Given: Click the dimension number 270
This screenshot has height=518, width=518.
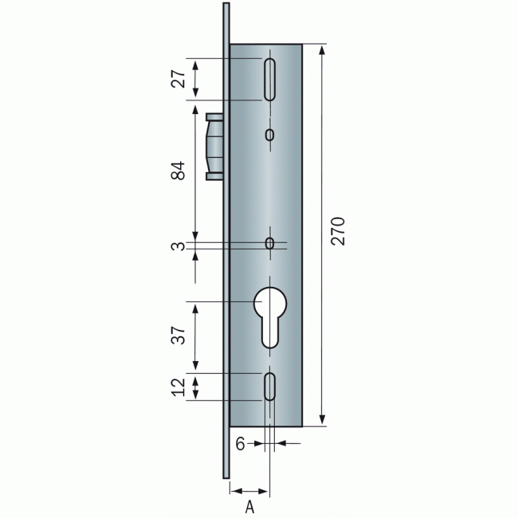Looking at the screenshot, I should click(x=339, y=230).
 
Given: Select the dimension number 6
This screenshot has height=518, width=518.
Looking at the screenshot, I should click(x=239, y=444).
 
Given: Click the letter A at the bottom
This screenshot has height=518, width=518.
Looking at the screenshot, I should click(x=249, y=505).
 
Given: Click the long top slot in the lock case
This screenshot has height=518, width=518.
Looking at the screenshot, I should click(x=270, y=79).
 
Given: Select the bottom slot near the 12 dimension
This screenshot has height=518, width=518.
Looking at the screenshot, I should click(x=270, y=387).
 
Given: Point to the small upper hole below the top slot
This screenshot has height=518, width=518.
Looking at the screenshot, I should click(x=270, y=135).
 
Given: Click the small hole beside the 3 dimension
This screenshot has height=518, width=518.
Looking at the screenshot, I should click(x=270, y=242).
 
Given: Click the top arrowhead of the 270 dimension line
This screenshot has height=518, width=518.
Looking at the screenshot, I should click(x=322, y=49).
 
